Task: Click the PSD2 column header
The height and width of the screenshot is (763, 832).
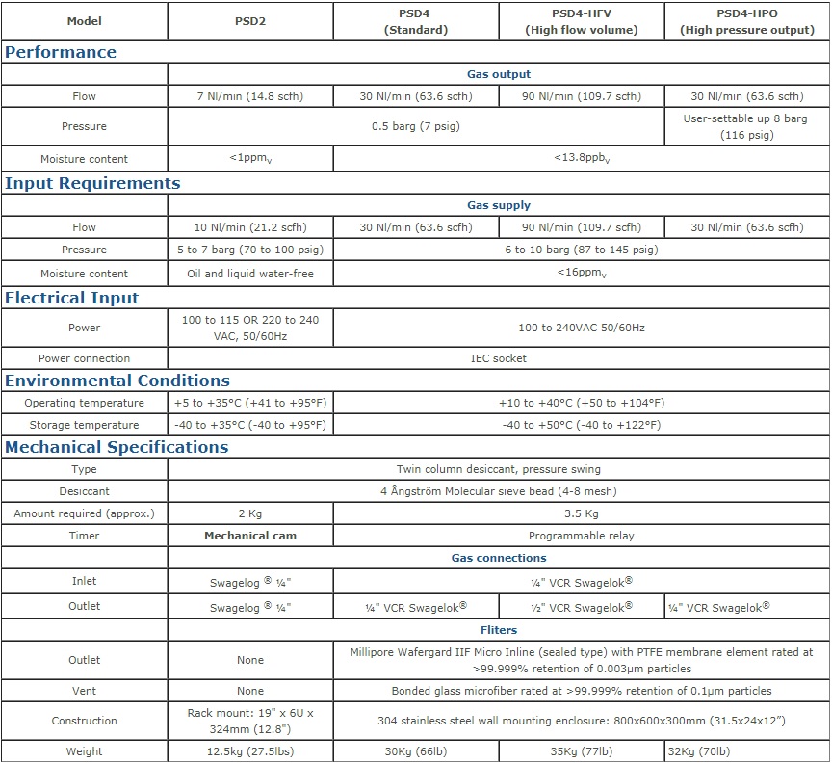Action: tap(249, 20)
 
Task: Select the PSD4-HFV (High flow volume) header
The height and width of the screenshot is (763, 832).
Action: tap(582, 20)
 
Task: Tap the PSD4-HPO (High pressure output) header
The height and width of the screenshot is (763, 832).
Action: tap(747, 20)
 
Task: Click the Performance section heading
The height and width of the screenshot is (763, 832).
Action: tap(61, 52)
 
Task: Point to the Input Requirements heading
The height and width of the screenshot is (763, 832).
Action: tap(92, 183)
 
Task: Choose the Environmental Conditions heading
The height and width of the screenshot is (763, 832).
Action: tap(117, 381)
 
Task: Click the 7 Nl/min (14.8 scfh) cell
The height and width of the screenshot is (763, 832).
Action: tap(249, 96)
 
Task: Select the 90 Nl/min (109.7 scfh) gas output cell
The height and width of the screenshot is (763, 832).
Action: tap(582, 96)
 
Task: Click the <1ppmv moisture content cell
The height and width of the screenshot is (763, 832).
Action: tap(249, 159)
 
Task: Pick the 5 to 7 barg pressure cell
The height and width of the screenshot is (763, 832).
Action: tap(249, 250)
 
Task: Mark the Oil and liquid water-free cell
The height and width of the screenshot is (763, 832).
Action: tap(249, 274)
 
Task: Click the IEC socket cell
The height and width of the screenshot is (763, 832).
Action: tap(499, 358)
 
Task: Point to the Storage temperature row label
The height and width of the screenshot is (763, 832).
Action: tap(84, 425)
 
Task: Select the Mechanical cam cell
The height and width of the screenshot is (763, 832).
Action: tap(249, 535)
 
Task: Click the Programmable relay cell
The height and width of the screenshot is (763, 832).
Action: tap(582, 535)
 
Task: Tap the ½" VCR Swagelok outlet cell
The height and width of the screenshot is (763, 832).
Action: tap(582, 607)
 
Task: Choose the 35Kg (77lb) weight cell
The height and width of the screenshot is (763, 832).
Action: tap(582, 751)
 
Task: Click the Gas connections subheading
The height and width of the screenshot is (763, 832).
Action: tap(499, 558)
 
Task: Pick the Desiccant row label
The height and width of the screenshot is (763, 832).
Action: tap(84, 491)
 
